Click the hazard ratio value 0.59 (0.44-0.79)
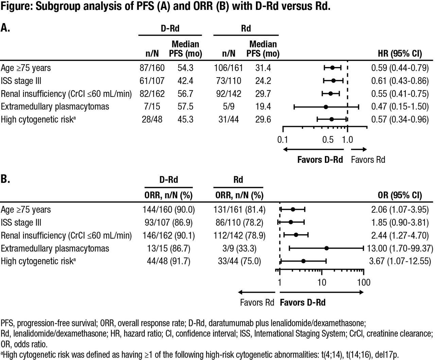click(x=400, y=68)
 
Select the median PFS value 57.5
click(x=185, y=106)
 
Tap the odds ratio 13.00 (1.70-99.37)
click(x=400, y=248)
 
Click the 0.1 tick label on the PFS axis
click(x=283, y=140)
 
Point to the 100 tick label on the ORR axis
click(x=364, y=282)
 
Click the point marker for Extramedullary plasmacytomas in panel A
click(x=326, y=107)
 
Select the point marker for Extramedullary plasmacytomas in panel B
click(x=327, y=248)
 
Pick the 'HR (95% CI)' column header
click(x=400, y=53)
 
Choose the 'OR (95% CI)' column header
click(x=400, y=195)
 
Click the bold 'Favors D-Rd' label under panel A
click(x=320, y=160)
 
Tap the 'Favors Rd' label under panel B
click(x=257, y=303)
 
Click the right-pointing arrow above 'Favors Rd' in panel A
click(x=359, y=150)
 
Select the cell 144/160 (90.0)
click(x=169, y=209)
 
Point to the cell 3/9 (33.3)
click(x=238, y=248)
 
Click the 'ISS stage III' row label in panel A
click(x=21, y=81)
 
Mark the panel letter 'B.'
click(x=5, y=179)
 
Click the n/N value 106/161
click(x=228, y=68)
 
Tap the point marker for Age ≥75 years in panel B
click(x=293, y=209)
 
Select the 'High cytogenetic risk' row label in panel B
click(x=37, y=261)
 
